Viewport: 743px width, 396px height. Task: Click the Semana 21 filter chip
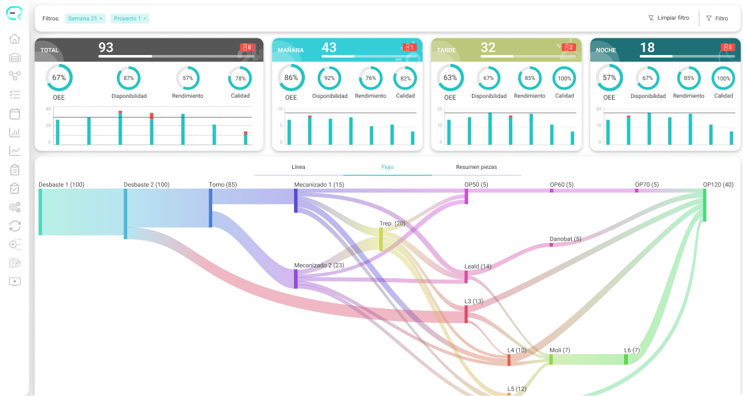(x=85, y=19)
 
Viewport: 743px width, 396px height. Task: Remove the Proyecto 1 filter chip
(x=145, y=19)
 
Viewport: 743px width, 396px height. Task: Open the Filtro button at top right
(x=717, y=19)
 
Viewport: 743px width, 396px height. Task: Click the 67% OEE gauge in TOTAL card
(x=59, y=78)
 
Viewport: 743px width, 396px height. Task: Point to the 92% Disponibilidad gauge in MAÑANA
(x=329, y=78)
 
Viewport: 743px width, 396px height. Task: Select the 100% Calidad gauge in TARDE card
(x=565, y=78)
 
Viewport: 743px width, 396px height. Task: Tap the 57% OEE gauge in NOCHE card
(x=609, y=78)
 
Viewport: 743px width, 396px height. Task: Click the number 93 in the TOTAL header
(x=106, y=47)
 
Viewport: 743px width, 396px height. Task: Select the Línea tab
(x=299, y=167)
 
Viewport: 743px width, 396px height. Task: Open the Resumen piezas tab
(x=476, y=167)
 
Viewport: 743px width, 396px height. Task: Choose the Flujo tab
(x=387, y=167)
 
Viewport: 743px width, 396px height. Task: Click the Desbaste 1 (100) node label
(x=61, y=184)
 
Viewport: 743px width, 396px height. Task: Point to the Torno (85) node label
(x=223, y=184)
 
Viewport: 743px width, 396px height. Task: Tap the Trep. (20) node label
(x=393, y=223)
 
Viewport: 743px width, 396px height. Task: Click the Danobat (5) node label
(x=565, y=239)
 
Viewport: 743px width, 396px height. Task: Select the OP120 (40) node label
(x=718, y=184)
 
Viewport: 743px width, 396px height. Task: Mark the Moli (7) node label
(x=559, y=350)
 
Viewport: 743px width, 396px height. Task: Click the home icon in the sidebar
(x=15, y=38)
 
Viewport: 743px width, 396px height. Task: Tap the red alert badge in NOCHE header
(x=728, y=47)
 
